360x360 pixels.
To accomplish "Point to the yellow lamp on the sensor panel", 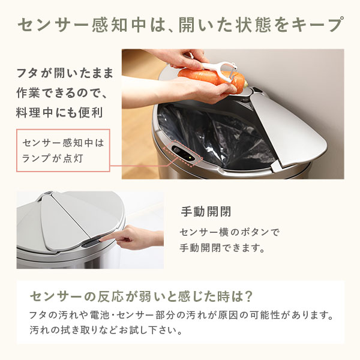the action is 190,158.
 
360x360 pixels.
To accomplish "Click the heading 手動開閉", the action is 206,212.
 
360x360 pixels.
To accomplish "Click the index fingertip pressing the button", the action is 102,239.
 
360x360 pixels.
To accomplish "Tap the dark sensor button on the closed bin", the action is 90,242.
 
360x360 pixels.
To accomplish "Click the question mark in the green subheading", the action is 247,296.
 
